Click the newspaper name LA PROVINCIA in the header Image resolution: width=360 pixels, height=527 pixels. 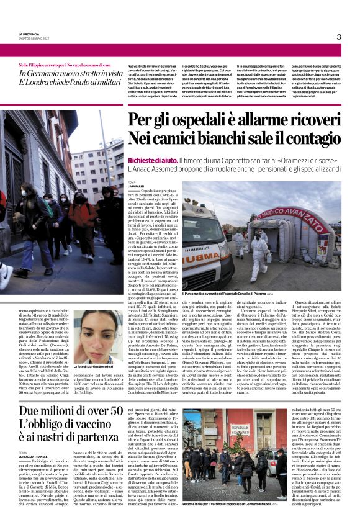[29, 34]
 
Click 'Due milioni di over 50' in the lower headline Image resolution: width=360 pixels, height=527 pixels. [71, 411]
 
